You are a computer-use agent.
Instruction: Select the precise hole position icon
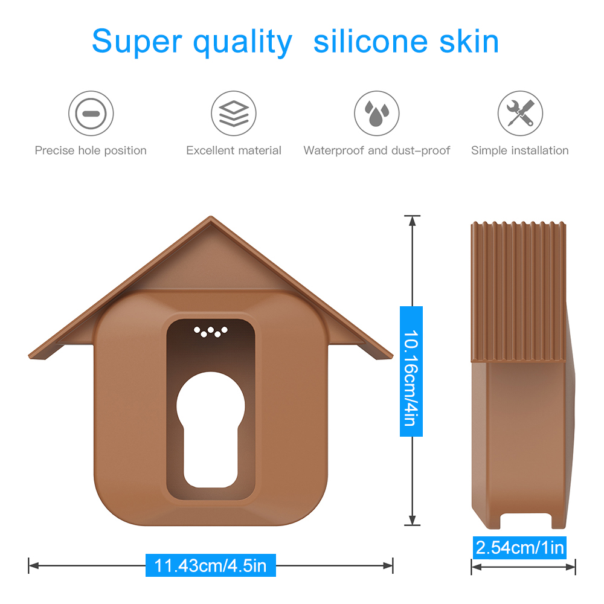tap(91, 113)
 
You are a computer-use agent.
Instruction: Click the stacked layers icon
tap(234, 113)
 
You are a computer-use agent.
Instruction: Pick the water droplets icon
tap(376, 113)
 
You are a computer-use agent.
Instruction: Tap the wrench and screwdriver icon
tap(520, 113)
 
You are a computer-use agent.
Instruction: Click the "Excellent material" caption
tap(234, 150)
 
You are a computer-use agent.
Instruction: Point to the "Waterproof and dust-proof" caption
tap(376, 150)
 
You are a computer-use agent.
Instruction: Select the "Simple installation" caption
tap(520, 150)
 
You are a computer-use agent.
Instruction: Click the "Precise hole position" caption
tap(91, 150)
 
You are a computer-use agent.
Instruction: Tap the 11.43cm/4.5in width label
tap(210, 566)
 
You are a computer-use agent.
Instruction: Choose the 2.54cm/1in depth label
tap(520, 548)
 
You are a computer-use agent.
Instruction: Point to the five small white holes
tap(211, 331)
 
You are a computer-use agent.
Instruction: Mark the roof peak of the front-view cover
tap(211, 219)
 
